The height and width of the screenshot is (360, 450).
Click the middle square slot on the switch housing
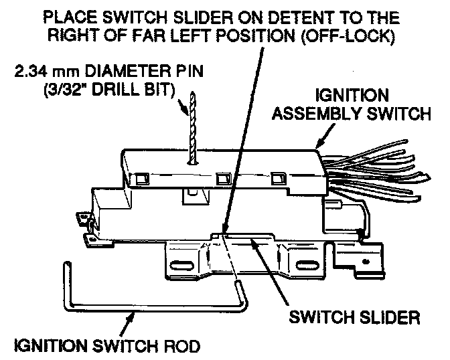coord(222,179)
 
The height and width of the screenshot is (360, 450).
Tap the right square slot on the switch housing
coord(277,179)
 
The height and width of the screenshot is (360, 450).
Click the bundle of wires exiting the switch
coord(375,167)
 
